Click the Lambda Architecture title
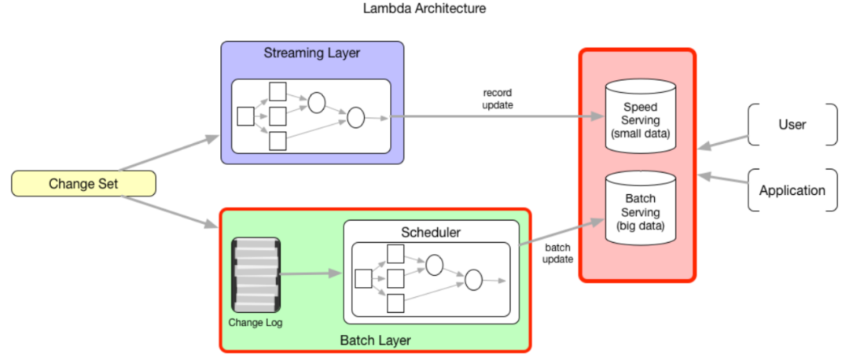[424, 9]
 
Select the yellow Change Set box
[83, 184]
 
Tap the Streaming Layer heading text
[312, 53]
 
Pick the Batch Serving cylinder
[641, 208]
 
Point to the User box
[792, 124]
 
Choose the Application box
[792, 190]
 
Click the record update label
[497, 98]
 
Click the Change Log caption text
[255, 323]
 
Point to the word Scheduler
[431, 233]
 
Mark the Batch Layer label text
[375, 340]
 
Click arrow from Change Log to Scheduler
[311, 274]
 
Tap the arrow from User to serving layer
[723, 141]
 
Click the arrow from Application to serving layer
[723, 180]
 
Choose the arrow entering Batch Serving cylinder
[562, 232]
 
